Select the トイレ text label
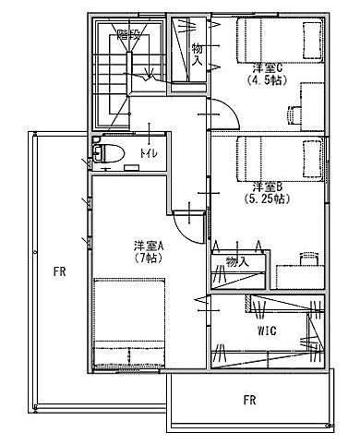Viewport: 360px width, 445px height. [x=147, y=151]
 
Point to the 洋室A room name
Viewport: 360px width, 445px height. [x=147, y=247]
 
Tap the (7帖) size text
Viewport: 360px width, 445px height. [x=147, y=259]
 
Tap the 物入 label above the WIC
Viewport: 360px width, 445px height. [x=237, y=262]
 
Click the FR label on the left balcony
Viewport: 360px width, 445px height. [x=58, y=271]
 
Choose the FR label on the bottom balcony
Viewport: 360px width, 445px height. [x=249, y=400]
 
